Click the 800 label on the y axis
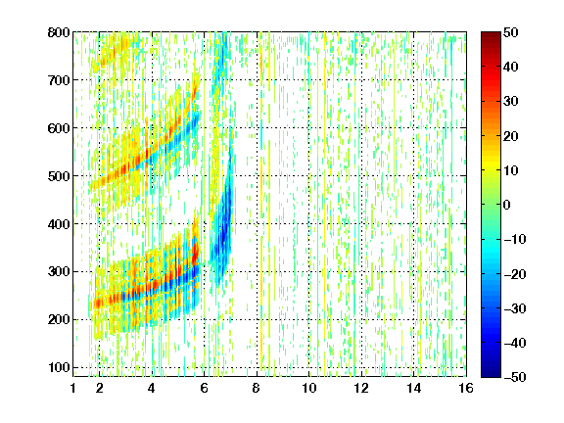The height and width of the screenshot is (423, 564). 59,32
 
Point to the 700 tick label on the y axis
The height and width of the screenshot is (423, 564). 59,80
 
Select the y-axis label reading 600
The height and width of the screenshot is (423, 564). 59,128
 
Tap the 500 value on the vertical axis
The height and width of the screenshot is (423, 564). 59,176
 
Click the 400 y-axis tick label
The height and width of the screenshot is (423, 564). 59,224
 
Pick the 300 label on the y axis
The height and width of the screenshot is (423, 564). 59,271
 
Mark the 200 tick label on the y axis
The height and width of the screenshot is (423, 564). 59,319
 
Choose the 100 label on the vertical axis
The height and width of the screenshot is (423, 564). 59,367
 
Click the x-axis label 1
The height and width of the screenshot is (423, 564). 73,388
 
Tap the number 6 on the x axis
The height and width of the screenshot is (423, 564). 205,388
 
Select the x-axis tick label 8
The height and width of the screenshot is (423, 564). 257,388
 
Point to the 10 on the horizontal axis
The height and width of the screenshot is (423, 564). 308,388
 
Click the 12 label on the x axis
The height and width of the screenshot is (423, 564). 361,388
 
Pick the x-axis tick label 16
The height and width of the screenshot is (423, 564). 466,388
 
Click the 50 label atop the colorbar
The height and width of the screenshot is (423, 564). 510,32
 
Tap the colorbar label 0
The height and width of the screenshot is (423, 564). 507,205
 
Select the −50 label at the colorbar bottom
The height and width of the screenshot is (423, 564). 515,377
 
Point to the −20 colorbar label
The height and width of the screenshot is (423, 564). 515,274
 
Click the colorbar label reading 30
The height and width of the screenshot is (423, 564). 510,102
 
